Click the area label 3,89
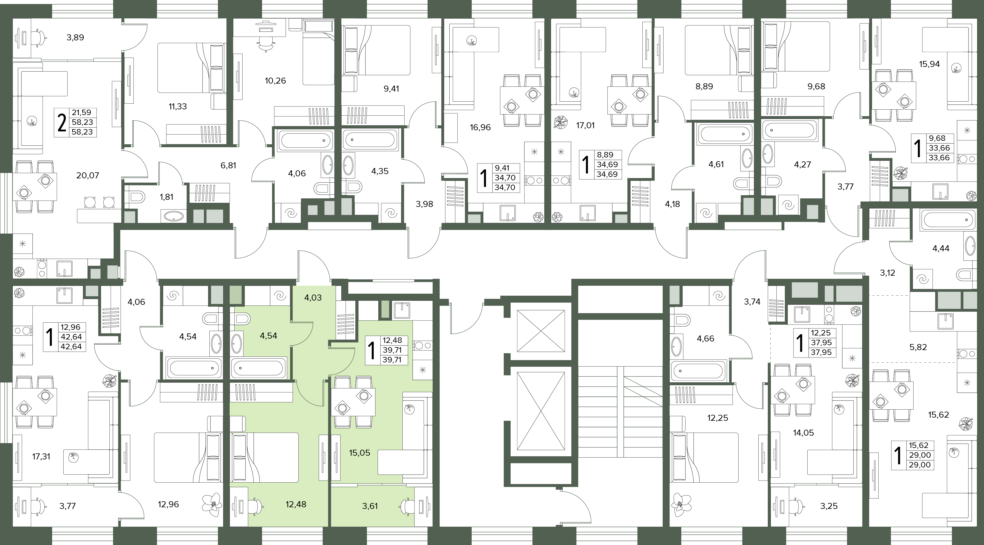click(75, 37)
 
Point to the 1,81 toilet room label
click(167, 197)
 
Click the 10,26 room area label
click(275, 81)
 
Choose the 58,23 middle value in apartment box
click(84, 122)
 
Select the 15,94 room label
click(929, 64)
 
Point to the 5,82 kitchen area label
click(918, 347)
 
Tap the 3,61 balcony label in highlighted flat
click(370, 506)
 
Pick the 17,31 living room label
click(41, 456)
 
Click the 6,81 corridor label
click(229, 165)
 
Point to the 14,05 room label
click(803, 433)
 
